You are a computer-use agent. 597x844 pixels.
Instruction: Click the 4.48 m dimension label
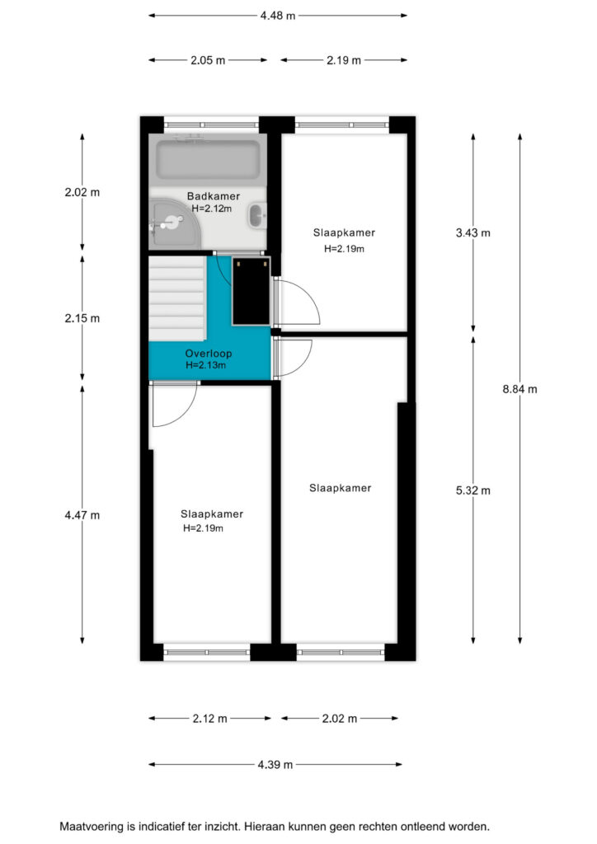pos(278,16)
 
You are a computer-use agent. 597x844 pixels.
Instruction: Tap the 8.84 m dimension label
pos(520,389)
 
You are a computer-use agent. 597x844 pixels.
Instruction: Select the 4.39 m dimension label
pos(275,764)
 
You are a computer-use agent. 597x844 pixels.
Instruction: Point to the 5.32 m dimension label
pos(473,490)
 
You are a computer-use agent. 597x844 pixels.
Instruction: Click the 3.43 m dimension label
pos(473,232)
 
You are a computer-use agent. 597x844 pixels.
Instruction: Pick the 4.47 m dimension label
pos(82,515)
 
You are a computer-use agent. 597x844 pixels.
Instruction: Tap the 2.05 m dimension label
pos(208,60)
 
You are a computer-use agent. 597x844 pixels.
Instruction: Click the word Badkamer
pos(214,196)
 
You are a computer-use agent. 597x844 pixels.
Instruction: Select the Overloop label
pos(209,354)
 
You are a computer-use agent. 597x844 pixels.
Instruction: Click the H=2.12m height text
pos(212,209)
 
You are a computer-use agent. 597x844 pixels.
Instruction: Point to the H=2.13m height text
pos(205,365)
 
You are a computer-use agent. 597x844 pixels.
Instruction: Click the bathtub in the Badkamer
pos(208,160)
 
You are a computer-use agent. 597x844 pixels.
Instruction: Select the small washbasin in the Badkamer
pos(256,216)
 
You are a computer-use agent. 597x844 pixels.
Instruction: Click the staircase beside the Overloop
pos(177,298)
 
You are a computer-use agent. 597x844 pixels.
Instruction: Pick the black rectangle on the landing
pos(251,291)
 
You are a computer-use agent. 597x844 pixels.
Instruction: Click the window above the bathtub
pos(211,125)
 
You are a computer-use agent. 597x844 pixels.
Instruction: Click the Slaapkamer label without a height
pos(341,488)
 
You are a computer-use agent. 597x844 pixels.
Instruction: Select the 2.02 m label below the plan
pos(340,718)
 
